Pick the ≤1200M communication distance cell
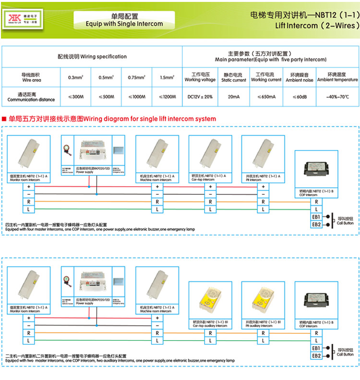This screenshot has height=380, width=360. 167,97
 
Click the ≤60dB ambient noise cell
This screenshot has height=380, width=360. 300,97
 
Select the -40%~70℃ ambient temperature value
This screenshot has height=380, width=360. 337,97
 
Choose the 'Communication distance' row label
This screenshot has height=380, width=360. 31,97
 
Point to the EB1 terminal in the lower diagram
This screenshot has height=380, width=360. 316,348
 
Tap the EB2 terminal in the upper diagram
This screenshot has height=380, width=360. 316,224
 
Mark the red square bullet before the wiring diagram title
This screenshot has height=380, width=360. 4,119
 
